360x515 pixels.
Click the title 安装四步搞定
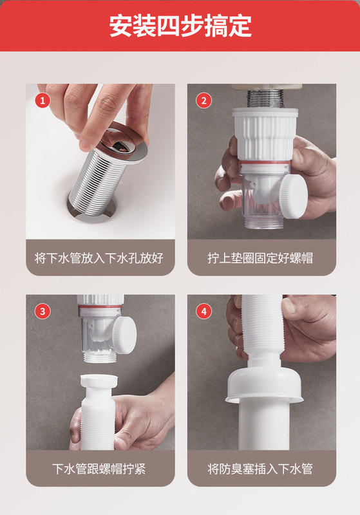[180, 26]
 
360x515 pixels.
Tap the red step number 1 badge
[43, 100]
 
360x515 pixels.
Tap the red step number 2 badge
[204, 100]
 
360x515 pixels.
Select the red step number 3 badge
[43, 311]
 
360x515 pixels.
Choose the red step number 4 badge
[204, 311]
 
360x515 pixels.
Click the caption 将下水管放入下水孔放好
[99, 258]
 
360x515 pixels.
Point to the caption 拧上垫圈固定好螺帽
[260, 258]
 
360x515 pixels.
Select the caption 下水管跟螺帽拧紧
[99, 469]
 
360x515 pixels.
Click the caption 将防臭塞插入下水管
[260, 469]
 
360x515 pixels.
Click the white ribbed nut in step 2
[265, 135]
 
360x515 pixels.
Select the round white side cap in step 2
[293, 196]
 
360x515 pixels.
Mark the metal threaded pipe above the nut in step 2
[265, 98]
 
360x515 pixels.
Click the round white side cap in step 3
[125, 335]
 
